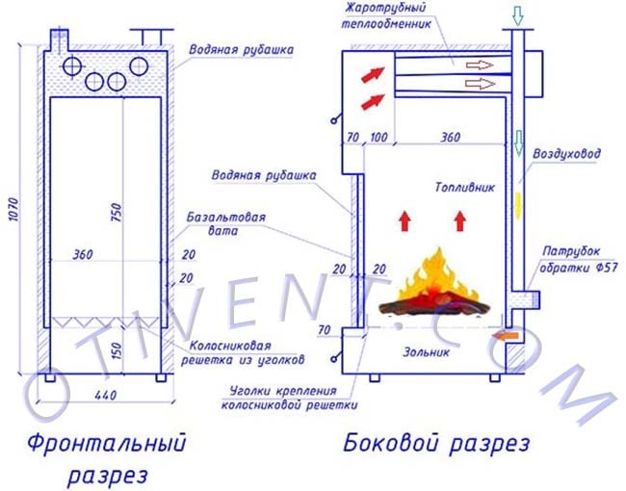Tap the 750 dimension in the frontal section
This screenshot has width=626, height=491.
pyautogui.click(x=116, y=213)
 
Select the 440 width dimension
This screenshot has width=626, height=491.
pyautogui.click(x=106, y=395)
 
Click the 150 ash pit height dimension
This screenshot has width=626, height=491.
pyautogui.click(x=116, y=349)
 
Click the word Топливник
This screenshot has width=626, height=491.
pyautogui.click(x=465, y=187)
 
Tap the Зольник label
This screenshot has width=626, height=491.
pyautogui.click(x=427, y=352)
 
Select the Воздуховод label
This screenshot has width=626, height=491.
pyautogui.click(x=566, y=154)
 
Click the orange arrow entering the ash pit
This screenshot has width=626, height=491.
pyautogui.click(x=506, y=336)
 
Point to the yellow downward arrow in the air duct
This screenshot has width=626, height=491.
pyautogui.click(x=518, y=205)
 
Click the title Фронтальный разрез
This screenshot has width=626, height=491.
pyautogui.click(x=107, y=459)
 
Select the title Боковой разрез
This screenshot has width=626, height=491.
pyautogui.click(x=436, y=444)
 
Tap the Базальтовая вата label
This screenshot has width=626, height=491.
pyautogui.click(x=225, y=224)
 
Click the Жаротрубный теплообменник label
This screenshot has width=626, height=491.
pyautogui.click(x=385, y=15)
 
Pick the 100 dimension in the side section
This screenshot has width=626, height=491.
pyautogui.click(x=378, y=138)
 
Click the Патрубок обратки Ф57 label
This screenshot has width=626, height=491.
pyautogui.click(x=579, y=259)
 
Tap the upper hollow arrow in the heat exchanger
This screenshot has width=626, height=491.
pyautogui.click(x=479, y=65)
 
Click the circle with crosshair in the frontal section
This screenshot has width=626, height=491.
pyautogui.click(x=72, y=66)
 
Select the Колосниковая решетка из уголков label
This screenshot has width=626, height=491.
pyautogui.click(x=243, y=353)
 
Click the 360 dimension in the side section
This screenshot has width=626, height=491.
pyautogui.click(x=451, y=138)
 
